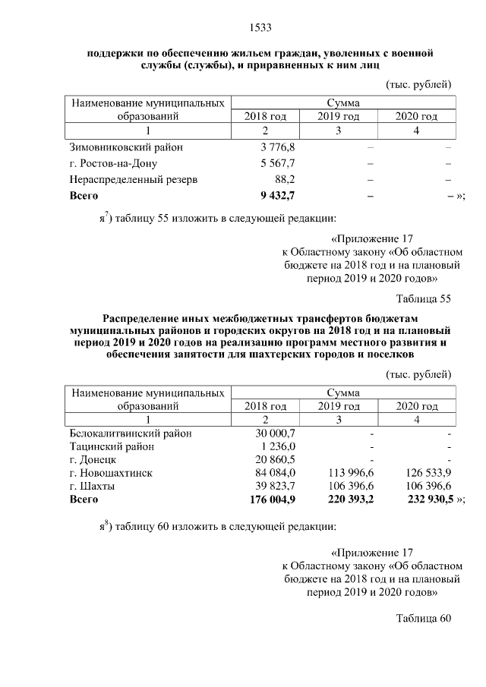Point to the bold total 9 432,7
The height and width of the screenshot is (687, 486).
277,196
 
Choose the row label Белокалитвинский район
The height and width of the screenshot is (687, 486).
131,433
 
